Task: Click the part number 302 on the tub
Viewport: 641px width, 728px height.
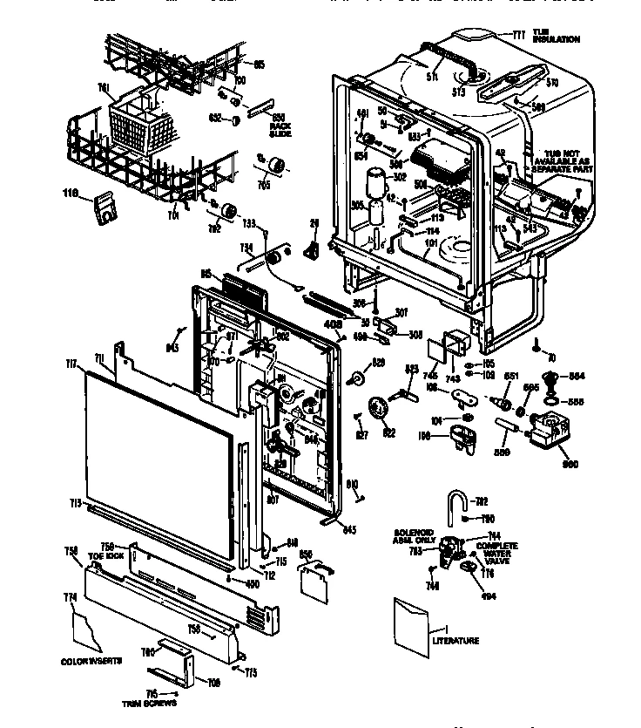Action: [401, 176]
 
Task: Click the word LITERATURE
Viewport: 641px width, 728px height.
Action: [455, 641]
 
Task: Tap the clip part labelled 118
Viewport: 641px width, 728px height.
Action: [105, 207]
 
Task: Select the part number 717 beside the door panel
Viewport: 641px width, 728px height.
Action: [71, 364]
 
